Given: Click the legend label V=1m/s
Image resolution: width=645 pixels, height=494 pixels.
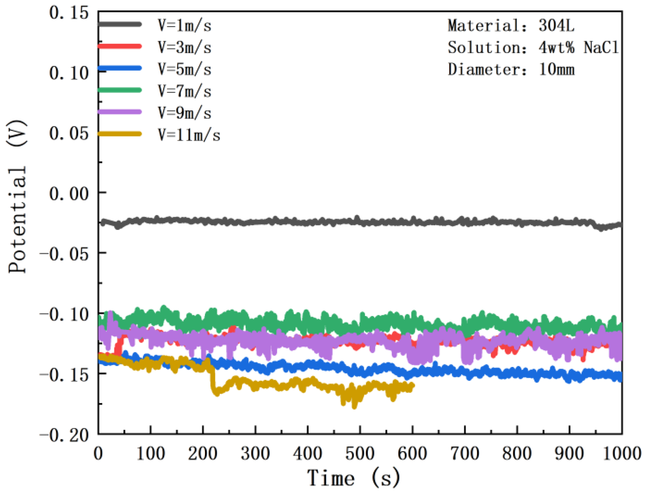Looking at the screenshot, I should click(184, 26).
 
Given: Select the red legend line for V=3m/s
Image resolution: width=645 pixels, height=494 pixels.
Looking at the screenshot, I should click(119, 46).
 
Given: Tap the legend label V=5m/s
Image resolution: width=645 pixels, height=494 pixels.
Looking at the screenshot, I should click(184, 70).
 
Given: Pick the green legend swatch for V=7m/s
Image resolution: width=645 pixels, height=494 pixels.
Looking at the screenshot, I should click(119, 90).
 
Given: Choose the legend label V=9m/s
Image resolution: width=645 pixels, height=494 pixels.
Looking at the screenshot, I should click(184, 113).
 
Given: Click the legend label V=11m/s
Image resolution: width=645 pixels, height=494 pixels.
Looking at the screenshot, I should click(189, 135).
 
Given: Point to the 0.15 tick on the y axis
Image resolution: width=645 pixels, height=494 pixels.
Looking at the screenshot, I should click(69, 14).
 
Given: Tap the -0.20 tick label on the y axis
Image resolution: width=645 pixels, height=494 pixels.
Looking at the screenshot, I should click(64, 435).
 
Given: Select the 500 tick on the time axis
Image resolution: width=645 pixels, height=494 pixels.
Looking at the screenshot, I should click(360, 454).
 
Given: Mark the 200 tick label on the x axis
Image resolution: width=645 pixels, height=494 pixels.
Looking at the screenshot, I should click(203, 454).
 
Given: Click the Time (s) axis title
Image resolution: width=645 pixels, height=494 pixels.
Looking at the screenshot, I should click(353, 478).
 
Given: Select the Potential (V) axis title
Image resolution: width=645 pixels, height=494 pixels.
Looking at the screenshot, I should click(17, 196).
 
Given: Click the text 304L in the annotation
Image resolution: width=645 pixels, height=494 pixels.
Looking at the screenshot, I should click(556, 26).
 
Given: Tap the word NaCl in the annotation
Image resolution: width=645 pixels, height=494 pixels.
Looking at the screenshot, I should click(601, 48).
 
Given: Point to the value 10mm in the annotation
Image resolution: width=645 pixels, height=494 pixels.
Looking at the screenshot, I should click(556, 70).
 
